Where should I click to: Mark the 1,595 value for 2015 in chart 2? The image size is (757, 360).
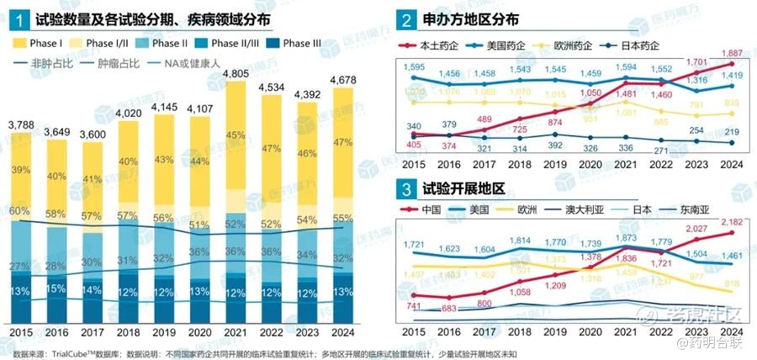click(x=414, y=66)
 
